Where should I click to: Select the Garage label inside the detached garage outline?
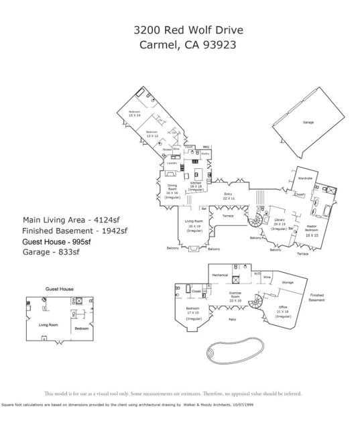[x=308, y=123]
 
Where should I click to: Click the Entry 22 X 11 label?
[x=228, y=196]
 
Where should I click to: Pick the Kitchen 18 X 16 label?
[x=196, y=185]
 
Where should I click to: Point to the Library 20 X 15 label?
[x=280, y=225]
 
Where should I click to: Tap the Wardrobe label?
[x=305, y=178]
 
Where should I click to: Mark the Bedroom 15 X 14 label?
[x=134, y=113]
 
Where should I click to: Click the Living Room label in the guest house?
[x=48, y=324]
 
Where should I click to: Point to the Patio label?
[x=232, y=319]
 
